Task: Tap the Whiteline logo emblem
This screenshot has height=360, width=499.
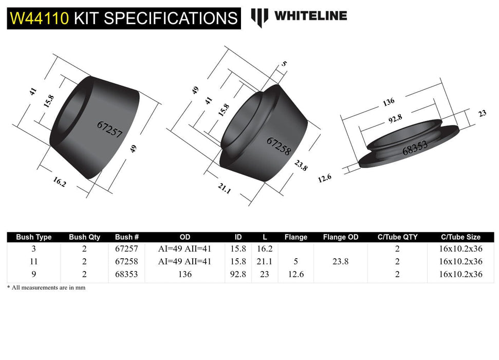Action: click(x=260, y=16)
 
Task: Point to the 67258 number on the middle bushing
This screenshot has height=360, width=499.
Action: click(x=279, y=146)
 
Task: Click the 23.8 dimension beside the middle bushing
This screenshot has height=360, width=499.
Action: click(x=301, y=166)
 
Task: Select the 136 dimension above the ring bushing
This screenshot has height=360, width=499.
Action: click(x=389, y=102)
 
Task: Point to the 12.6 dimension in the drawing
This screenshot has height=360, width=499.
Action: click(x=324, y=178)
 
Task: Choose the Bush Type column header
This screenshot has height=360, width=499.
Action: click(x=34, y=237)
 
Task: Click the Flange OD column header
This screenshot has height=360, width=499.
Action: click(x=341, y=237)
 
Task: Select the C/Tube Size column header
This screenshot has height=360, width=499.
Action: click(x=460, y=237)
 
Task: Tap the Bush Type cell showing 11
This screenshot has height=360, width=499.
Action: click(x=34, y=261)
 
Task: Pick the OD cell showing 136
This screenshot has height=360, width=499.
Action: click(x=185, y=275)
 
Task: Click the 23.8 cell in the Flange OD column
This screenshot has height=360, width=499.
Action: click(x=341, y=261)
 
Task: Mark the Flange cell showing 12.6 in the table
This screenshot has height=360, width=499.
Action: click(x=295, y=275)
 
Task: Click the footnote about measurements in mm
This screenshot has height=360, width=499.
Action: click(x=46, y=287)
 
